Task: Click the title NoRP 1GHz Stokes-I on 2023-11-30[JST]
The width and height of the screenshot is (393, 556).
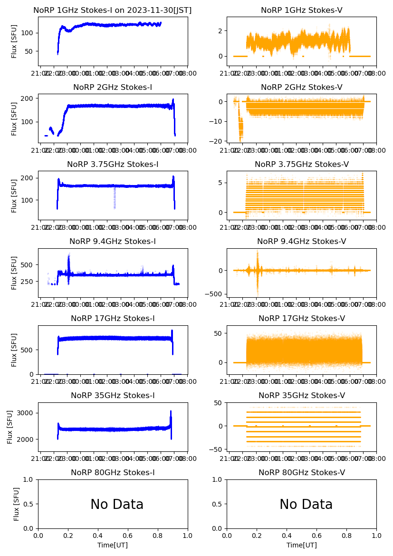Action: (113, 10)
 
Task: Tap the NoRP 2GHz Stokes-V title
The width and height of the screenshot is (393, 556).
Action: (302, 87)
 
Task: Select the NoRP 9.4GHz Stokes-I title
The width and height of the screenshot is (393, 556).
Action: (113, 241)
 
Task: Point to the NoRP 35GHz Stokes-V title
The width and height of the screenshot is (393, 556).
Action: (302, 395)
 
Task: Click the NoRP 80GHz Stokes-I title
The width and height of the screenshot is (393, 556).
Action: (113, 472)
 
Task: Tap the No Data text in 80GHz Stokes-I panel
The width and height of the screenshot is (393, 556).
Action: (117, 504)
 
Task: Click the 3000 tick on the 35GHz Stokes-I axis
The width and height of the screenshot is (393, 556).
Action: (27, 413)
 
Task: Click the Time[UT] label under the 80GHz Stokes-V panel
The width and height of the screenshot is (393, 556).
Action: (302, 545)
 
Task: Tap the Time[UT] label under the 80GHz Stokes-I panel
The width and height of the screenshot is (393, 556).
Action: (113, 545)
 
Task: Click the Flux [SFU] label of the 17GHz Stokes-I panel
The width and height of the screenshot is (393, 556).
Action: (14, 350)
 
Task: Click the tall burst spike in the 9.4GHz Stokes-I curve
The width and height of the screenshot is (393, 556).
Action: (69, 259)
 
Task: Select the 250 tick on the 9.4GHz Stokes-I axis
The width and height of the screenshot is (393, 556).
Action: (28, 281)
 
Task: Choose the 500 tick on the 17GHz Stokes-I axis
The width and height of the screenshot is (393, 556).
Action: (28, 350)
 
